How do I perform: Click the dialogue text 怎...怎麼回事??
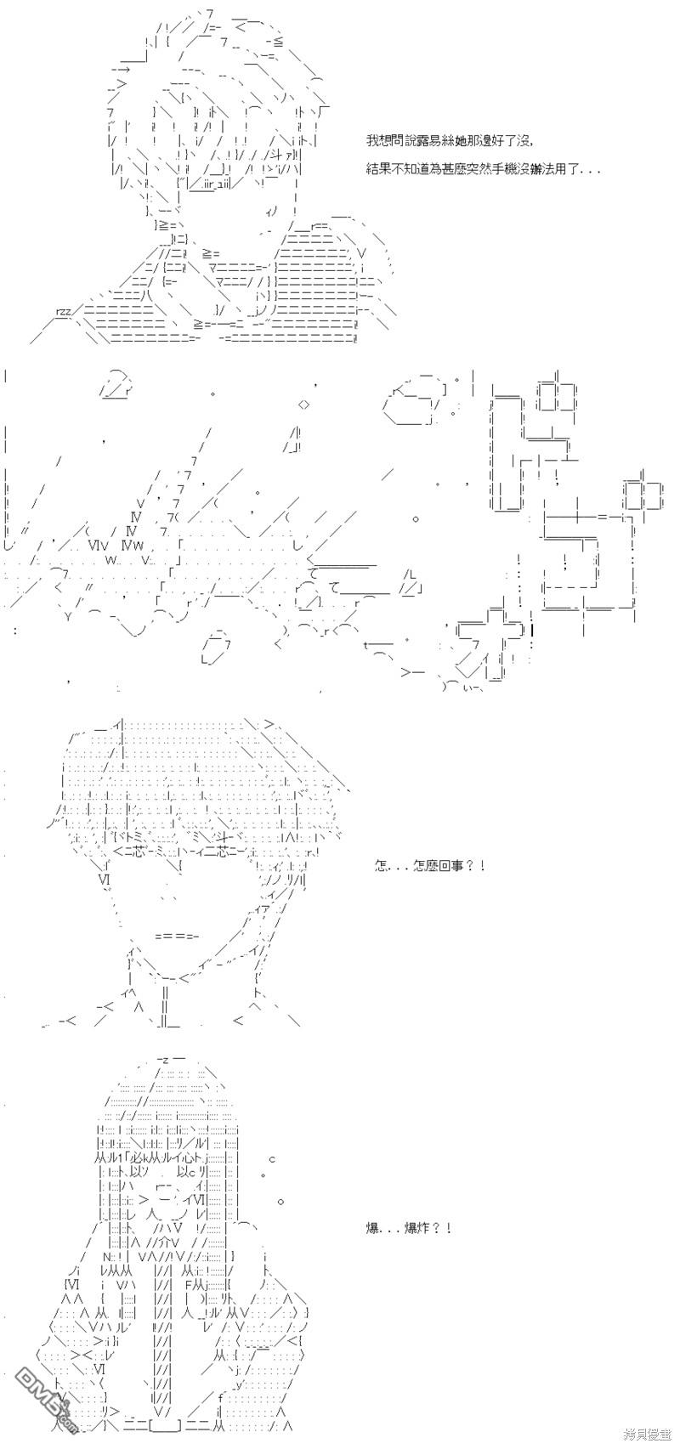click(429, 865)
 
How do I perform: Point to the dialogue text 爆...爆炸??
click(408, 1227)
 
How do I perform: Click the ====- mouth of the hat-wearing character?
click(177, 936)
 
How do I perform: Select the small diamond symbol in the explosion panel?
click(304, 405)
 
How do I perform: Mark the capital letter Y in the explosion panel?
click(68, 616)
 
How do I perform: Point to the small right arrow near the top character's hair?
click(122, 69)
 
